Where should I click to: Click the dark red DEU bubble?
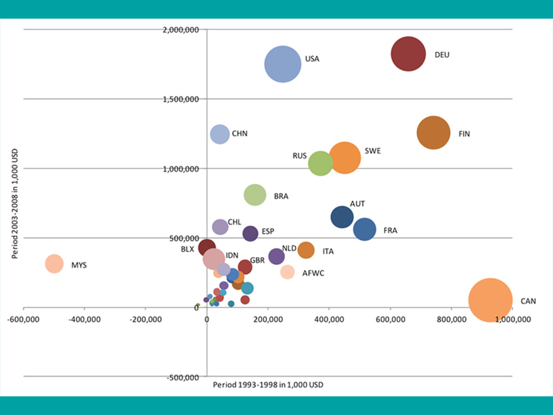point(408,54)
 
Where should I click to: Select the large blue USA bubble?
point(283,64)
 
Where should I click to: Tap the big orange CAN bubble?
point(490,300)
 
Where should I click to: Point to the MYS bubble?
point(54,264)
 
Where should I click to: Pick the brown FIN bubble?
point(433,133)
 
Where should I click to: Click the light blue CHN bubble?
point(219,134)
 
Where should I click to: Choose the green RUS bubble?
point(320,163)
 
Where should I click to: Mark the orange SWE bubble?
point(345,158)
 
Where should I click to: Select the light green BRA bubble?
point(255,195)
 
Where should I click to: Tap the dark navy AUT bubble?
point(342,217)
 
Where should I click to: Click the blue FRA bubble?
point(365,230)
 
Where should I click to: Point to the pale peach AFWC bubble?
point(287,272)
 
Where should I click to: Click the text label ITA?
point(328,251)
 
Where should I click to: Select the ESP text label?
point(268,231)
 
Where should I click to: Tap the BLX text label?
point(188,249)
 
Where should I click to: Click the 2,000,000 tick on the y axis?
point(181,30)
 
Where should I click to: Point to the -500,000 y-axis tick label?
point(183,377)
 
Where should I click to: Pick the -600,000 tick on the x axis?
point(23,319)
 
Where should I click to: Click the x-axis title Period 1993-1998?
point(268,385)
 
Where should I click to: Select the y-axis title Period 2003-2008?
point(15,204)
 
